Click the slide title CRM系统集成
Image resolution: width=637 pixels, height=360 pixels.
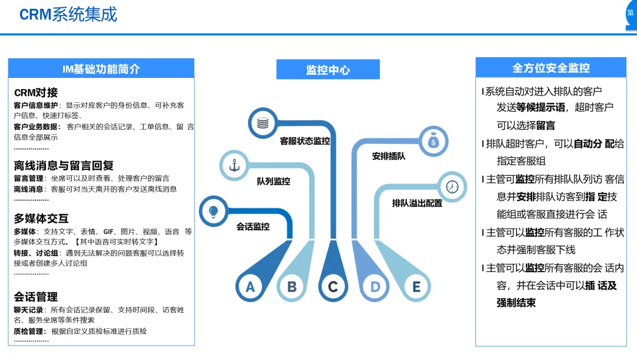(x=68, y=14)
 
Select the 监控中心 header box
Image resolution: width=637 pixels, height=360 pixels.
(x=328, y=70)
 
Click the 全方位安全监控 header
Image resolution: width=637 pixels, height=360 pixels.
(x=551, y=68)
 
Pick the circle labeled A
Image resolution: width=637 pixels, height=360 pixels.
(x=250, y=287)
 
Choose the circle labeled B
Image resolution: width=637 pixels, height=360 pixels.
(x=291, y=287)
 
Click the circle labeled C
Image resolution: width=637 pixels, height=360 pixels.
(x=333, y=287)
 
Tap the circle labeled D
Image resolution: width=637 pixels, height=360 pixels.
(x=375, y=287)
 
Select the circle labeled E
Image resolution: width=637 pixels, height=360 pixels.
(x=416, y=287)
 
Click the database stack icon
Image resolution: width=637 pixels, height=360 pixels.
(x=262, y=123)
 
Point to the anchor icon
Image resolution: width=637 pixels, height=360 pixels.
(x=234, y=166)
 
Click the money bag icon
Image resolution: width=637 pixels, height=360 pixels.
(x=433, y=141)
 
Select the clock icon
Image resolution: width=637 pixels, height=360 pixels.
(x=452, y=186)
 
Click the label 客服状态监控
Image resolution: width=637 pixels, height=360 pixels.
(x=305, y=142)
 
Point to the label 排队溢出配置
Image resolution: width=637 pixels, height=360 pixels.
(x=417, y=203)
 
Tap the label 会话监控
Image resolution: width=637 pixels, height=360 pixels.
(x=253, y=226)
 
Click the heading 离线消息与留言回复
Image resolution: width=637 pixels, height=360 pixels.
(x=64, y=166)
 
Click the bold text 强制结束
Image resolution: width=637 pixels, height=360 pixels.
(x=516, y=303)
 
